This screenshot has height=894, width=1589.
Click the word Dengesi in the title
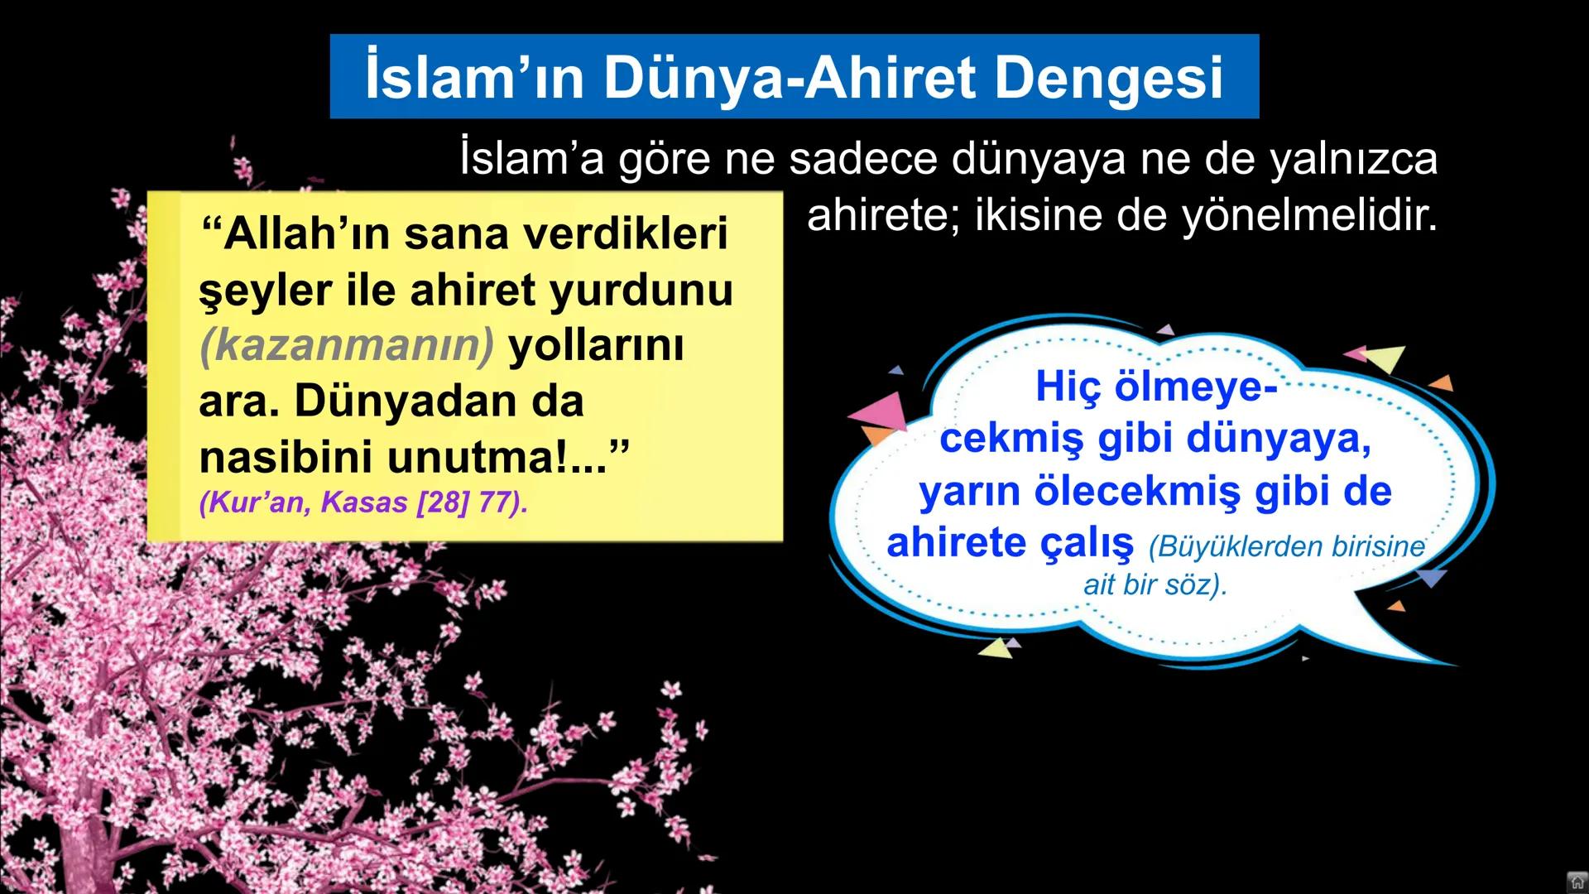[1108, 77]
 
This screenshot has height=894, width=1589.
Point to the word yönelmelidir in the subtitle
[1308, 215]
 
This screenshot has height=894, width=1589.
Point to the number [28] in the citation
[443, 502]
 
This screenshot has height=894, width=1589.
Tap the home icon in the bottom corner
[1577, 882]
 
